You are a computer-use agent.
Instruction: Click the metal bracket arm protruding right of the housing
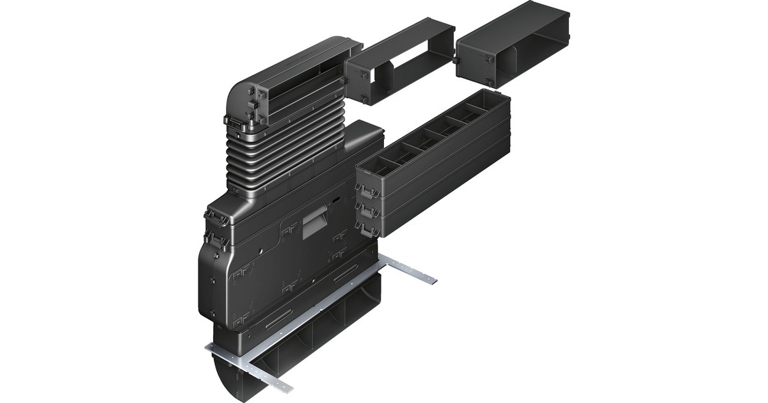[x=410, y=269]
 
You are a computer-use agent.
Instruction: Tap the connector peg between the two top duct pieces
[x=457, y=59]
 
